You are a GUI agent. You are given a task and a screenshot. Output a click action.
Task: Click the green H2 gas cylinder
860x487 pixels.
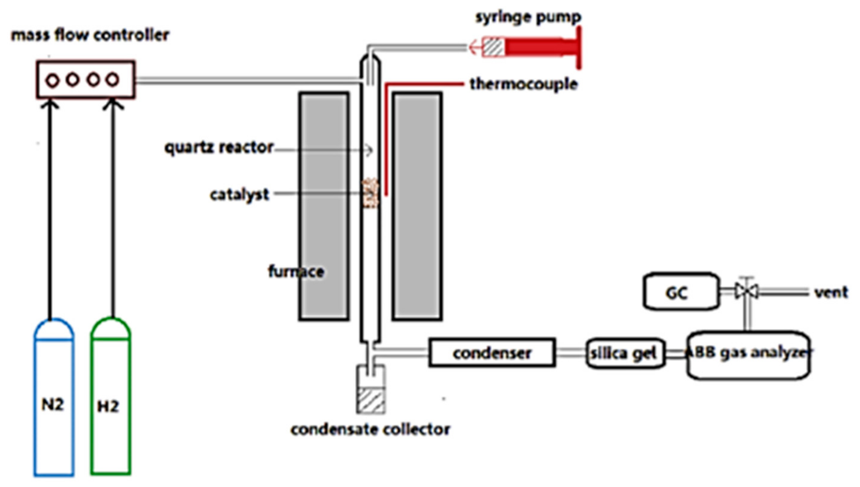110,401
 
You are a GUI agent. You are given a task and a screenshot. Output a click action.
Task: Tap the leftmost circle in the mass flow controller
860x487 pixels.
52,81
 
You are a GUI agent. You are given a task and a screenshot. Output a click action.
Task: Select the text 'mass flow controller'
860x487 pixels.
90,35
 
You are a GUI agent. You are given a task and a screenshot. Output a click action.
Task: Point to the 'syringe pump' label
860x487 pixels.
528,17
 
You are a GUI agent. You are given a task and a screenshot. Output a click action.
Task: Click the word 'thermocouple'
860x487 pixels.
523,84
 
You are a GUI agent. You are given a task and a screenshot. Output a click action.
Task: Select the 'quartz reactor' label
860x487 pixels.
219,148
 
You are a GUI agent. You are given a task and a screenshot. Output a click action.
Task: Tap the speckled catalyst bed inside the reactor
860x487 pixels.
371,193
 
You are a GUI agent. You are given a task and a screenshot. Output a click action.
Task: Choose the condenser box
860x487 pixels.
492,353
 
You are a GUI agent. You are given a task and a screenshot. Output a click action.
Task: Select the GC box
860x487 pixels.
680,291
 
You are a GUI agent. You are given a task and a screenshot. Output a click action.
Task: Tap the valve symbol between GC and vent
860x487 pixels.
747,291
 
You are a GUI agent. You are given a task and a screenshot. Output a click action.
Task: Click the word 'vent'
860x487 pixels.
831,292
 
